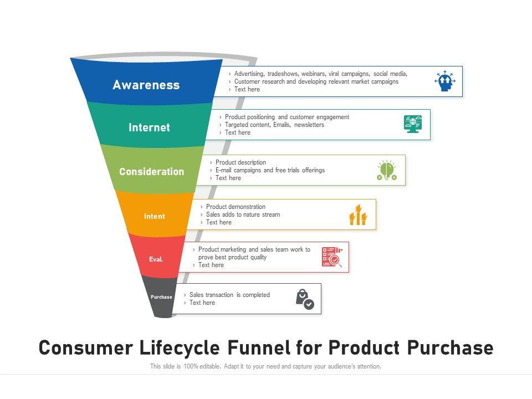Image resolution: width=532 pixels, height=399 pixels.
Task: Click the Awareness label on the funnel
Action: tap(146, 85)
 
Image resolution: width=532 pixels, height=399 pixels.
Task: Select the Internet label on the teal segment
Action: tap(149, 127)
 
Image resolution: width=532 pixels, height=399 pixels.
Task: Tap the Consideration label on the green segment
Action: tap(151, 172)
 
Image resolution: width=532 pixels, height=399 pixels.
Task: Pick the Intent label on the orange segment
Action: tap(154, 217)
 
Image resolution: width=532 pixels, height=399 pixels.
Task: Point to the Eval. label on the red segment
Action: tap(156, 259)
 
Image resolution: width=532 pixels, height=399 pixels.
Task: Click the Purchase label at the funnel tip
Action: tap(161, 297)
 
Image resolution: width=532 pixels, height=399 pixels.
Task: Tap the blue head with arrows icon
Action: tap(445, 81)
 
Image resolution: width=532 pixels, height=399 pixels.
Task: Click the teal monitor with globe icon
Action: tap(413, 124)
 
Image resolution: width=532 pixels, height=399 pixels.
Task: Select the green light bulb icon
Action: tap(386, 170)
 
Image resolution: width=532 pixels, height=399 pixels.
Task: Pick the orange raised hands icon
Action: tap(358, 214)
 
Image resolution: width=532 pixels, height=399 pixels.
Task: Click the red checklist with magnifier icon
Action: tap(332, 257)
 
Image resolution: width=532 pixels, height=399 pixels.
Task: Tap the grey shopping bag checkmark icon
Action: tap(304, 299)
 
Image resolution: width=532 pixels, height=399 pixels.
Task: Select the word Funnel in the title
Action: tap(259, 347)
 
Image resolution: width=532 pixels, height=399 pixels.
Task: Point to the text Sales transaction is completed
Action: tap(229, 295)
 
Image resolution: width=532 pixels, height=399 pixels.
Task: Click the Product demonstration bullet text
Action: tap(236, 207)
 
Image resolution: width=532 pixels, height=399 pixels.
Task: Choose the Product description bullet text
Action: tap(241, 162)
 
